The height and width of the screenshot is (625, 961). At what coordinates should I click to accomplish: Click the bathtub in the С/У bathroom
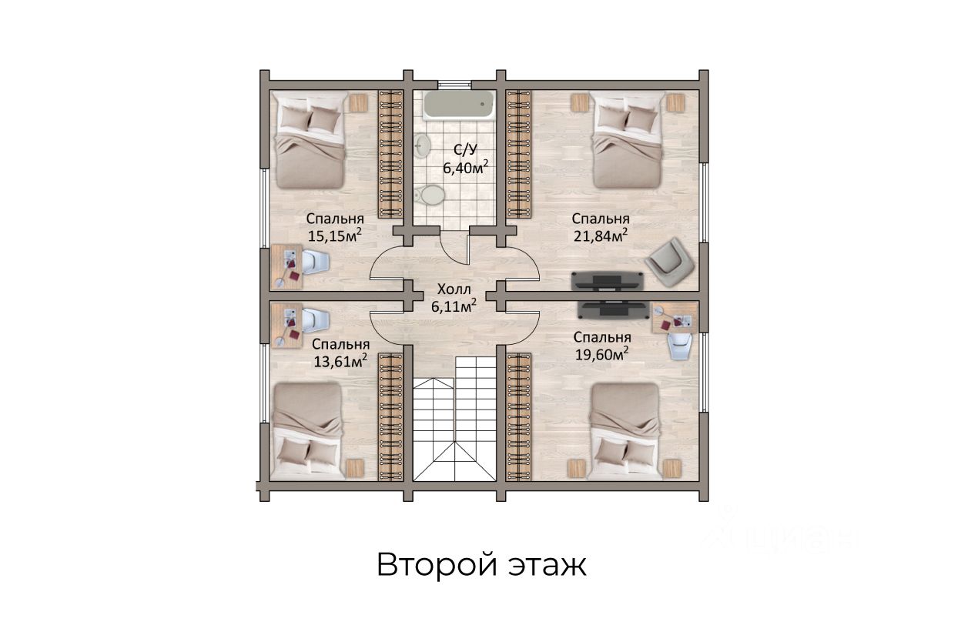coord(459,105)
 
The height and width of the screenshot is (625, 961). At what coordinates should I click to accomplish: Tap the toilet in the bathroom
coord(430,196)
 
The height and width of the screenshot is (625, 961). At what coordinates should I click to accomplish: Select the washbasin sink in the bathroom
coord(423,144)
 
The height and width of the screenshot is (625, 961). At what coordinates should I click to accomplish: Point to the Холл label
coord(454,289)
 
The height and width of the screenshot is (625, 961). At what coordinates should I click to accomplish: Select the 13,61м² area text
coord(340,361)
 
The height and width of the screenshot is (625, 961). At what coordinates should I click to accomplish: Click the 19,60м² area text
coord(601,354)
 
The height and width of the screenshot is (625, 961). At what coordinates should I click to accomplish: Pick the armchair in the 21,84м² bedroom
coord(670,262)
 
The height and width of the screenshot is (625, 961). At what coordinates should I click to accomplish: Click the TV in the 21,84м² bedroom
coord(608,281)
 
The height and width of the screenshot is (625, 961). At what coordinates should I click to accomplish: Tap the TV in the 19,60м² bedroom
coord(613,310)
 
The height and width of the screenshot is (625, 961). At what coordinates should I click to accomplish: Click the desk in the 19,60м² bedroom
coord(675,318)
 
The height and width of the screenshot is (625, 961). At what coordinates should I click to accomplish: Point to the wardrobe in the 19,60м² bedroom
coord(518,416)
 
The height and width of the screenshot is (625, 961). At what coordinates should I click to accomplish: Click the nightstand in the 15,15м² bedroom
coord(358,103)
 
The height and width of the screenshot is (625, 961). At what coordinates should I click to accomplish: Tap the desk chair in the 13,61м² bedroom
coord(315,320)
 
